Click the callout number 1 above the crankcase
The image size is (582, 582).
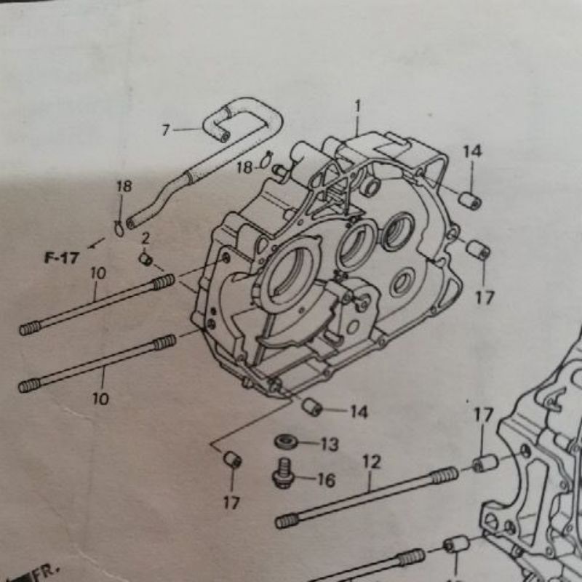tap(357, 106)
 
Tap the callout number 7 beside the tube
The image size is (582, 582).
tap(166, 130)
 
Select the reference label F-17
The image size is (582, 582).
tap(62, 258)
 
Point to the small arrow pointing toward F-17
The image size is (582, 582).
tap(96, 244)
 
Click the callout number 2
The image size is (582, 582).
tap(145, 239)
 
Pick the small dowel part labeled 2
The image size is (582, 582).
tap(145, 259)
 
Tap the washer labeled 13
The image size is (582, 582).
tap(286, 442)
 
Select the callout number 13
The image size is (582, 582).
tap(330, 444)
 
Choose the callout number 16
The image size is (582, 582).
tap(326, 479)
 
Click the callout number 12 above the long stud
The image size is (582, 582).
tap(372, 462)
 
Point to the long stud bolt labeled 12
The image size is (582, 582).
tap(367, 498)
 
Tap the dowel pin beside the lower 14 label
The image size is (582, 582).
tap(312, 407)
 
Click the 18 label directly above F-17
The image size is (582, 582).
tap(124, 186)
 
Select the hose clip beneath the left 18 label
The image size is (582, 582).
tap(119, 227)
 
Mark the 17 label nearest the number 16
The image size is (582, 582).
tap(231, 503)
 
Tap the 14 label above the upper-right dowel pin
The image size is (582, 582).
tap(472, 151)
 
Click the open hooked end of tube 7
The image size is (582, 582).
tap(225, 137)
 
